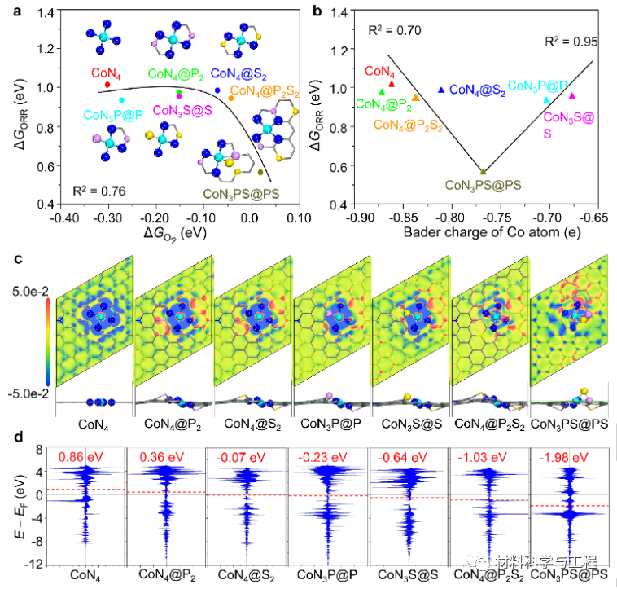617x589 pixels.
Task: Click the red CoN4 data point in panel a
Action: point(107,84)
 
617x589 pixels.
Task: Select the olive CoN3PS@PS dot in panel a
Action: point(260,172)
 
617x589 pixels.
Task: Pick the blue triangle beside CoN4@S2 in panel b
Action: point(441,90)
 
